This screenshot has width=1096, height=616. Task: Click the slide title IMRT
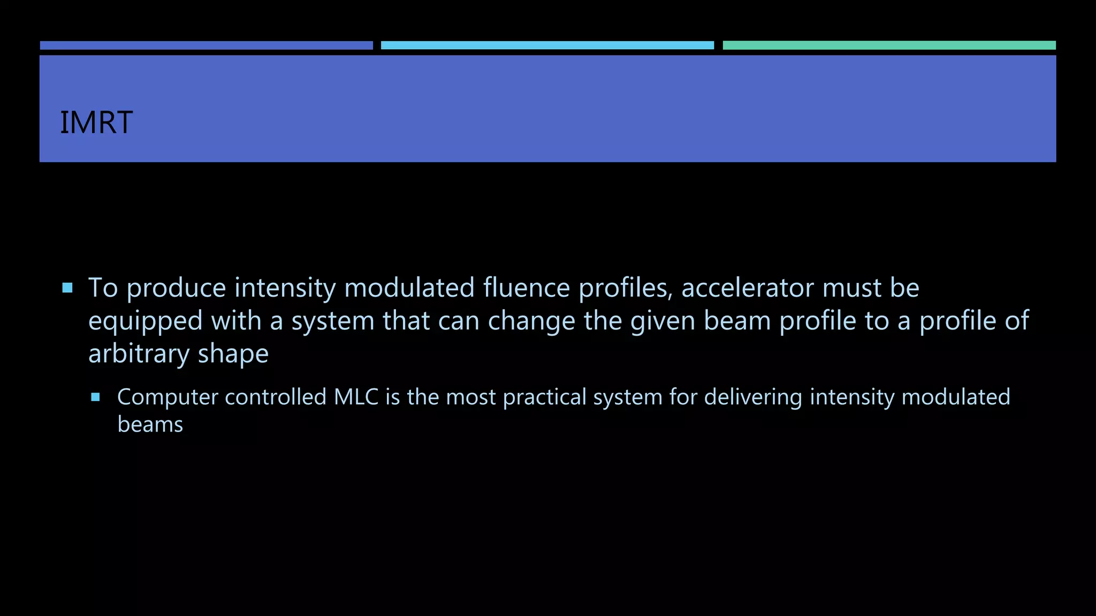(96, 122)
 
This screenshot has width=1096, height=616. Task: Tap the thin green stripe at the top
(889, 45)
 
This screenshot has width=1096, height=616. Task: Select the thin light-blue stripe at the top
(547, 45)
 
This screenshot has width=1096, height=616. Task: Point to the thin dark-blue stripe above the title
(206, 45)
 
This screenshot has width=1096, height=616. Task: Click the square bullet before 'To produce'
(67, 288)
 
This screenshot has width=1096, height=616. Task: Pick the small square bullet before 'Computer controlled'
(96, 397)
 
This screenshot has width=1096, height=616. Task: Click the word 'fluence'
(527, 288)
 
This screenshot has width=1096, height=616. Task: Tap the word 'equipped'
(145, 322)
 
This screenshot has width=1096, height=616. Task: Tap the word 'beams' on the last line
(150, 425)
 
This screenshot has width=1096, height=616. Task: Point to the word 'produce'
(177, 289)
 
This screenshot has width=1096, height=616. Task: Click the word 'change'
(531, 322)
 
